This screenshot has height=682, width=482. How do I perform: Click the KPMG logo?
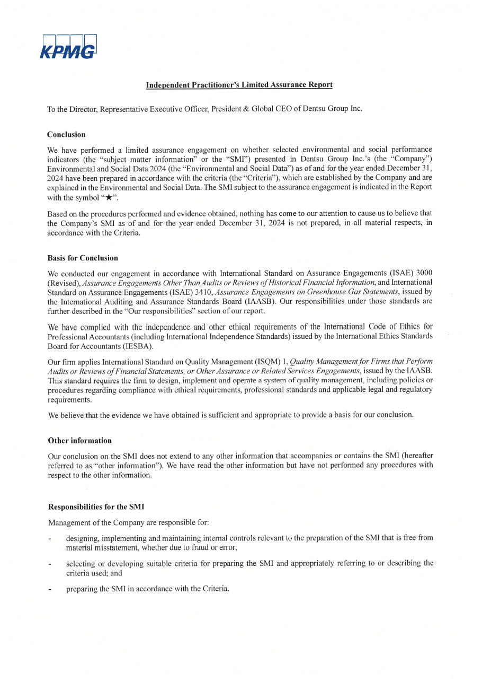coord(69,47)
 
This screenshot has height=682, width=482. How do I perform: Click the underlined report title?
coord(239,85)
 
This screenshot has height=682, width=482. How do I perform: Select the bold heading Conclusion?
coord(66,135)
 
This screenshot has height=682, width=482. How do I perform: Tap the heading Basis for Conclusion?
coord(83,258)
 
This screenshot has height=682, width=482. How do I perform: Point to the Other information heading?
coord(79,441)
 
